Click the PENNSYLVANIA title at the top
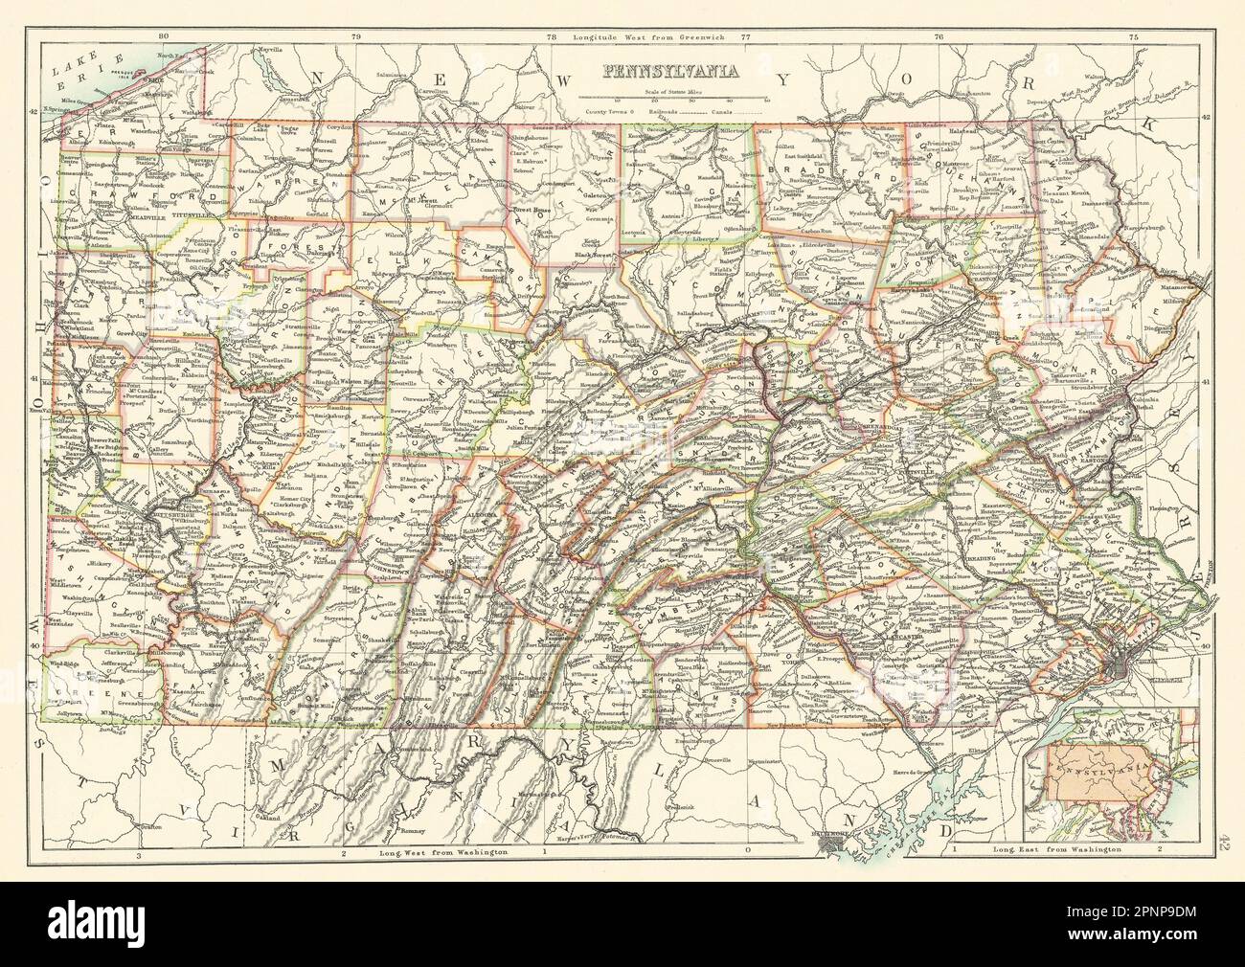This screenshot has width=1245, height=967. (669, 70)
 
